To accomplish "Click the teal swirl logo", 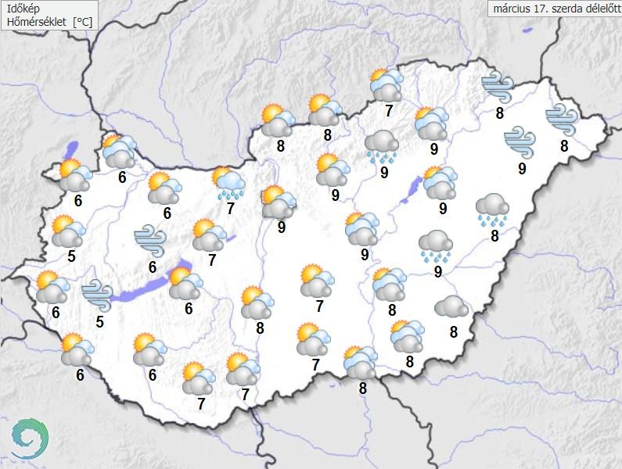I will click(x=29, y=439).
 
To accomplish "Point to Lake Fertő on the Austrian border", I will click(x=73, y=150).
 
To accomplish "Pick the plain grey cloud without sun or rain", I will click(x=451, y=306).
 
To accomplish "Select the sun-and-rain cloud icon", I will click(x=229, y=182).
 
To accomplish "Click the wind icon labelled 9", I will click(x=520, y=141).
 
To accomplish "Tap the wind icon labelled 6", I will click(x=149, y=240).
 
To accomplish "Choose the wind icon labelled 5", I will click(x=97, y=294).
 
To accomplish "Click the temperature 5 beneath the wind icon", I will click(x=99, y=320).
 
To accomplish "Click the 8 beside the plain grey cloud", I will click(x=454, y=331).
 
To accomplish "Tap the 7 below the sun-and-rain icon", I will click(x=230, y=209).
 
